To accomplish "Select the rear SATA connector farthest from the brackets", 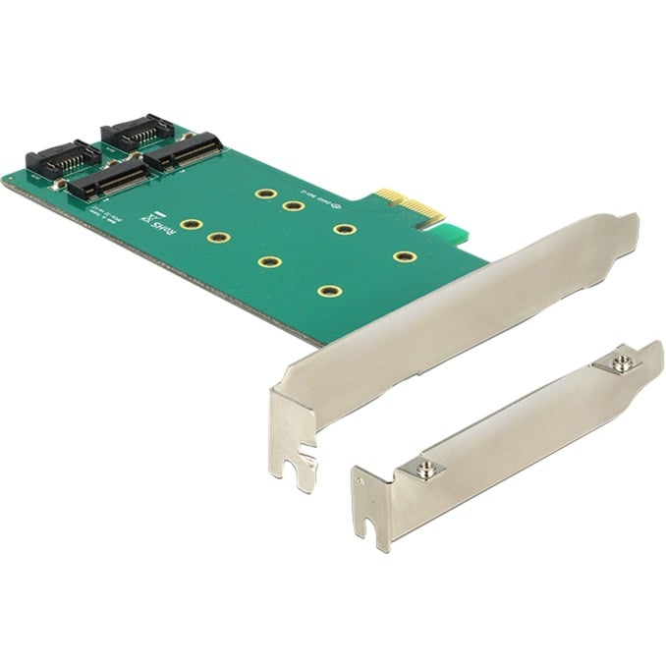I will (x=138, y=130).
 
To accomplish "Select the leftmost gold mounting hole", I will (x=192, y=225).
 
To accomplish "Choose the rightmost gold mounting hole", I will (x=405, y=256).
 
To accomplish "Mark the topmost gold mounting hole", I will (x=265, y=194).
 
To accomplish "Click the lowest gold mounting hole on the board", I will (x=329, y=291).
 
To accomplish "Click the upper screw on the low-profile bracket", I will (x=620, y=364).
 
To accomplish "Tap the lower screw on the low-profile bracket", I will (x=423, y=471).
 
